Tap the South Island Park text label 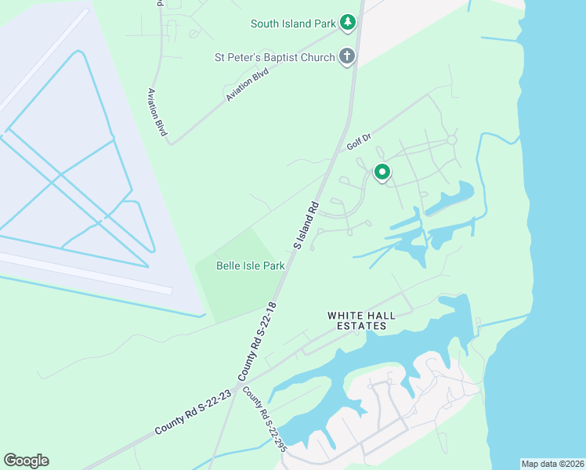pos(293,23)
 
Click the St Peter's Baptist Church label pos(275,57)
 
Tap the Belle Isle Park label pos(250,266)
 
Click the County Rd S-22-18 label pos(262,338)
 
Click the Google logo pos(26,461)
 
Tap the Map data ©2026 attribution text pos(552,464)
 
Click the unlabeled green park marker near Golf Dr pos(382,172)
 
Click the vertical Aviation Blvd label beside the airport pos(157,112)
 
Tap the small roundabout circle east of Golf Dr pos(451,139)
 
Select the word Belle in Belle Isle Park pos(228,266)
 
